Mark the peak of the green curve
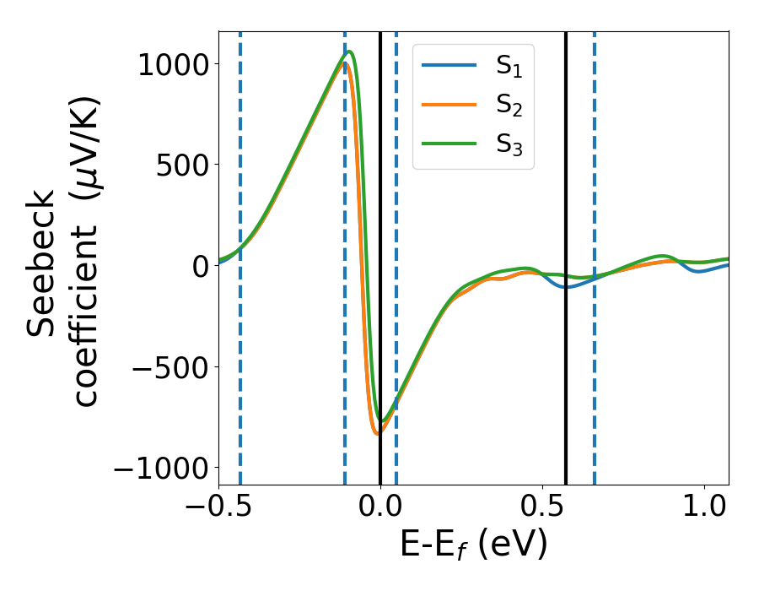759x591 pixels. (349, 52)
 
